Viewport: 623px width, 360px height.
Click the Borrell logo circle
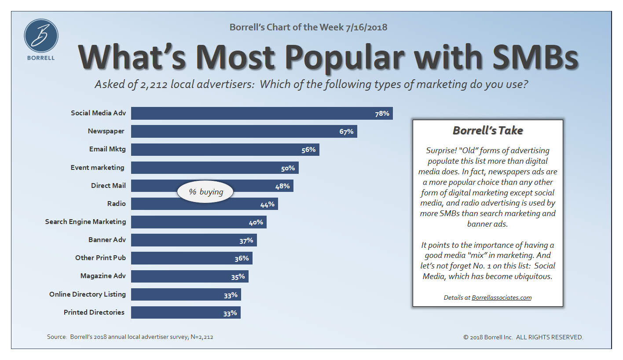tap(41, 36)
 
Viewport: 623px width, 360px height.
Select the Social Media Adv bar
tap(261, 113)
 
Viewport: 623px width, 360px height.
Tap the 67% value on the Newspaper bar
tap(346, 132)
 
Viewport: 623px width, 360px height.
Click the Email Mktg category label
tap(107, 149)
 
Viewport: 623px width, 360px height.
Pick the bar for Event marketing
tap(215, 168)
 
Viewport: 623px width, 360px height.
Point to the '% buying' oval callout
tap(205, 192)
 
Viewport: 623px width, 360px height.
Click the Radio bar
tap(204, 204)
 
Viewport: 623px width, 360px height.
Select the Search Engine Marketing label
tap(85, 221)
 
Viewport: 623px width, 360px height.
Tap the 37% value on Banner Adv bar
tap(246, 240)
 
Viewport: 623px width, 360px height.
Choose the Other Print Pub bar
tap(191, 258)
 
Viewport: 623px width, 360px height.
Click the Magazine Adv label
tap(103, 276)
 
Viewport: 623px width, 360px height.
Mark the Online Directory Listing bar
tap(186, 294)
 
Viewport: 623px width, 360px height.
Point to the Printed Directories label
tap(94, 312)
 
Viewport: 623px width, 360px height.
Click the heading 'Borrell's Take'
tap(487, 131)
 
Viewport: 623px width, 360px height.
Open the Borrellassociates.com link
tap(501, 298)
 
